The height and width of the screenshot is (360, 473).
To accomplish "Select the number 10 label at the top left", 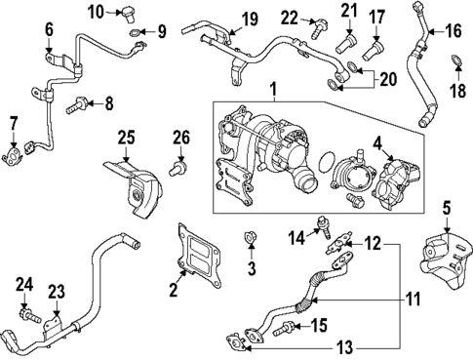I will tap(95, 12).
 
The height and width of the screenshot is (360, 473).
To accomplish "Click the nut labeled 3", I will tap(250, 237).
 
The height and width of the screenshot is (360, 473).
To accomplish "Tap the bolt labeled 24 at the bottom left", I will tap(28, 315).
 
